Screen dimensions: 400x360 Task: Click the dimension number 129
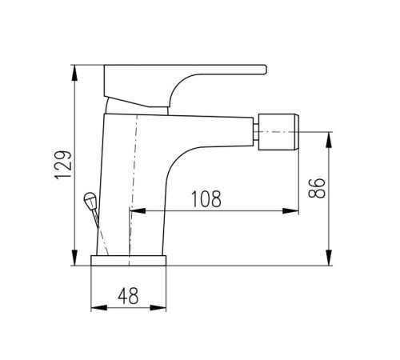pyautogui.click(x=63, y=165)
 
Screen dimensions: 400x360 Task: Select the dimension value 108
pyautogui.click(x=206, y=199)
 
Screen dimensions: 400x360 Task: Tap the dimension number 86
pyautogui.click(x=317, y=188)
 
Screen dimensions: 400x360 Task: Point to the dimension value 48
pyautogui.click(x=128, y=295)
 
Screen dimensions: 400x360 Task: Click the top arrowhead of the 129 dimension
pyautogui.click(x=75, y=73)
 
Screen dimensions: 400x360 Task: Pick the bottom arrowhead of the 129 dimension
pyautogui.click(x=75, y=258)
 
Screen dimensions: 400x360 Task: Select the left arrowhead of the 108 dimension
pyautogui.click(x=138, y=211)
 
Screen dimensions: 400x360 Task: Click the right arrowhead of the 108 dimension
pyautogui.click(x=290, y=211)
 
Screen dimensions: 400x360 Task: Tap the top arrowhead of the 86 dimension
pyautogui.click(x=330, y=140)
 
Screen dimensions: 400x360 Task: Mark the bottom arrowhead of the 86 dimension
pyautogui.click(x=330, y=258)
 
